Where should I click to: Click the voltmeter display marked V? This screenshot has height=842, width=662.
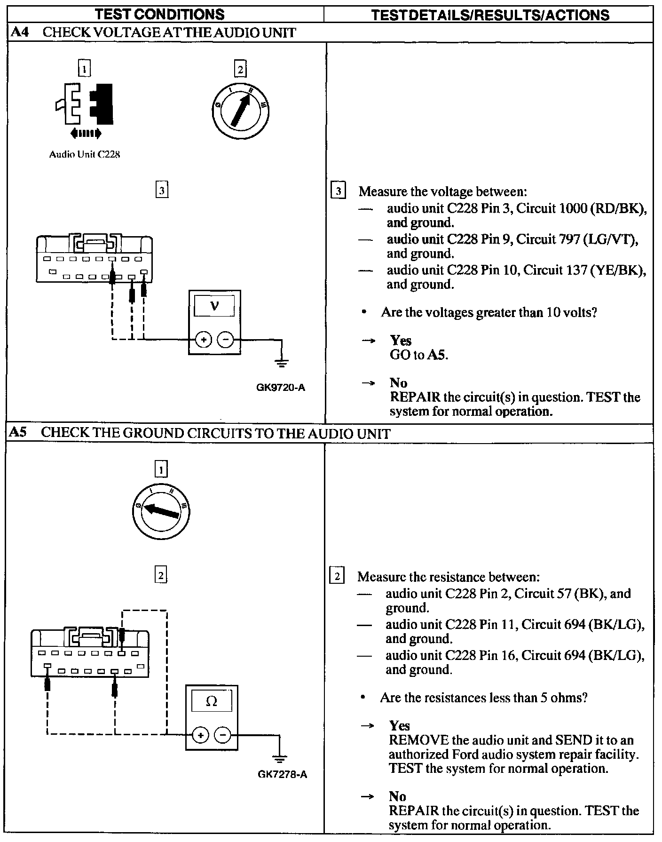(214, 306)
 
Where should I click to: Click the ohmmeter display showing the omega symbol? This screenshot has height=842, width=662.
(212, 701)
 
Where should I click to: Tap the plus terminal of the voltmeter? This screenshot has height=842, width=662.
(203, 339)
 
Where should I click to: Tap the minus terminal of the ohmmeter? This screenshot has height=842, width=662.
(223, 735)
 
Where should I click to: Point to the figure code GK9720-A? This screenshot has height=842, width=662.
(281, 388)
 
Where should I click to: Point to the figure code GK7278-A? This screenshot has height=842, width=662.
(282, 774)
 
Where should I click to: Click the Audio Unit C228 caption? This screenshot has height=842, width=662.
(85, 154)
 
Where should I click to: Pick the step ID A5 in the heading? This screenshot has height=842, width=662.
(18, 433)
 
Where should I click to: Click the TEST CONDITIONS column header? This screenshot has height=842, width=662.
(160, 15)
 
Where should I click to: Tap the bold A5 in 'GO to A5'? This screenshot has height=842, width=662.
(437, 355)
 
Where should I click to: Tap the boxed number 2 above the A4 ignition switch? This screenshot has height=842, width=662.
(240, 70)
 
